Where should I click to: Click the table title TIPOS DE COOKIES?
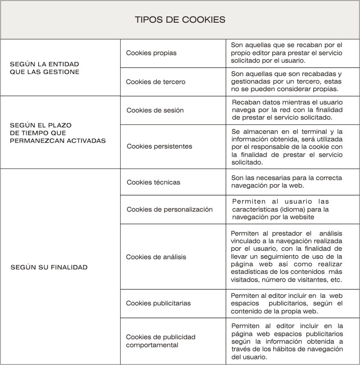[x=180, y=20]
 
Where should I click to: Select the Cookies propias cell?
[x=151, y=53]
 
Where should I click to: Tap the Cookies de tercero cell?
[x=156, y=82]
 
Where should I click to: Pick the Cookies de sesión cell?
[x=155, y=110]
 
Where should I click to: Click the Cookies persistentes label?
[x=159, y=146]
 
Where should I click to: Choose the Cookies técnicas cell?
[x=154, y=182]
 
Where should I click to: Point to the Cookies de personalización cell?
[x=170, y=209]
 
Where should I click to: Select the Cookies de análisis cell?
[x=156, y=257]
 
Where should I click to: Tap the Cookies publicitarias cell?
[x=158, y=303]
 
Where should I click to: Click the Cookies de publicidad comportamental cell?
[x=161, y=341]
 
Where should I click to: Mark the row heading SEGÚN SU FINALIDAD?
[x=49, y=267]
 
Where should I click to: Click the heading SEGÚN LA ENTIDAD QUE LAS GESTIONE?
[x=44, y=68]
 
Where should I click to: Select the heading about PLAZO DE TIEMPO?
[x=58, y=133]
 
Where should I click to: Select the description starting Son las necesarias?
[x=287, y=181]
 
